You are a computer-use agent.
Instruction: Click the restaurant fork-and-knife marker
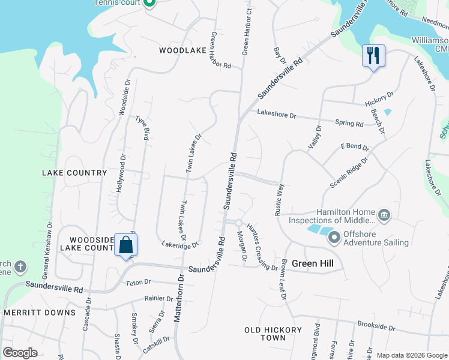(x=373, y=56)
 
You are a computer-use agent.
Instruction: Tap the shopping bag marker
(x=126, y=245)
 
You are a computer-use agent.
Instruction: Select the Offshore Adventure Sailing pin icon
(x=334, y=238)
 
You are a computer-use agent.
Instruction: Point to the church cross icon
(x=20, y=266)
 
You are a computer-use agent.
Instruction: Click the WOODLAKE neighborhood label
(x=183, y=51)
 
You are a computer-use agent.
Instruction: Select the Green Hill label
(x=312, y=263)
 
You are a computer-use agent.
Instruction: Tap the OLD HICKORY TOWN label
(x=273, y=334)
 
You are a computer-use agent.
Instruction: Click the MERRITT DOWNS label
(x=40, y=313)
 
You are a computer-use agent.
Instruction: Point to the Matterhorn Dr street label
(x=178, y=298)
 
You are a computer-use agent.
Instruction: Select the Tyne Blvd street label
(x=142, y=127)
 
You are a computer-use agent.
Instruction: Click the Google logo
(x=20, y=353)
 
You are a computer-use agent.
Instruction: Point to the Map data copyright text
(x=412, y=355)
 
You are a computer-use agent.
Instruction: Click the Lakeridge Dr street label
(x=180, y=244)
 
